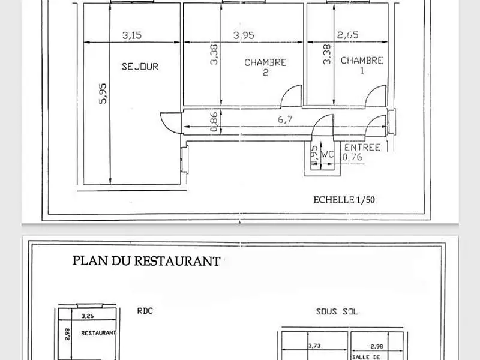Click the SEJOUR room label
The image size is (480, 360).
pyautogui.click(x=140, y=67)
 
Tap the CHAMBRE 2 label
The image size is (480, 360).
pyautogui.click(x=265, y=67)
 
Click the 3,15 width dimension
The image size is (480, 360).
pyautogui.click(x=132, y=35)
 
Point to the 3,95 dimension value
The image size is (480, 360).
pyautogui.click(x=244, y=35)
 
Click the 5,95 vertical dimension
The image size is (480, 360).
pyautogui.click(x=103, y=95)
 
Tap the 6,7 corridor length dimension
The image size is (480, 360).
pyautogui.click(x=284, y=120)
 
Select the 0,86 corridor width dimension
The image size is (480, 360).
pyautogui.click(x=214, y=121)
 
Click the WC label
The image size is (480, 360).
pyautogui.click(x=328, y=153)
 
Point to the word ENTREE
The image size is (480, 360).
pyautogui.click(x=362, y=148)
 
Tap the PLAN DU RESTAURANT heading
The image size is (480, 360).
pyautogui.click(x=145, y=261)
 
